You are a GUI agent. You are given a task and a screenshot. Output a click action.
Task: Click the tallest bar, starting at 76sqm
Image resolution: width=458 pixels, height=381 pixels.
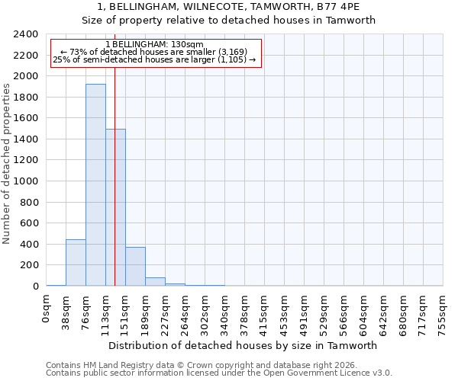point(95,185)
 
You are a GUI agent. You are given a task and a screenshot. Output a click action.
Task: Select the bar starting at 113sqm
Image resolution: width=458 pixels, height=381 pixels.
point(115,207)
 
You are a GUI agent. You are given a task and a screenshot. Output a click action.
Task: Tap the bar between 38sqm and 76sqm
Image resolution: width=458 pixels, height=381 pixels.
point(76,263)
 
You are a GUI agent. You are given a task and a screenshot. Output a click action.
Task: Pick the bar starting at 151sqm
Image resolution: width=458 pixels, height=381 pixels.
point(135,267)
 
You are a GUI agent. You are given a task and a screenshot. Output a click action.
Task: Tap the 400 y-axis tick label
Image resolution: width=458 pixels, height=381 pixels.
point(29,245)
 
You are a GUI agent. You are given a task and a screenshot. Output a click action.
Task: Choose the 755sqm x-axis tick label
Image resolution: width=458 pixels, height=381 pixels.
point(443,314)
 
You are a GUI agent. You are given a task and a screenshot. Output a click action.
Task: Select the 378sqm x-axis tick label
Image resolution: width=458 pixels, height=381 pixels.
point(244,314)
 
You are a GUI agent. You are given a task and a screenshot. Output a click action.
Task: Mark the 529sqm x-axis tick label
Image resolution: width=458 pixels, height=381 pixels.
point(324,314)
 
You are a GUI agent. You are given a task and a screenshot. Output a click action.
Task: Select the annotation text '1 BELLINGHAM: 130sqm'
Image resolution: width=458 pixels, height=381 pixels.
point(155,45)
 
